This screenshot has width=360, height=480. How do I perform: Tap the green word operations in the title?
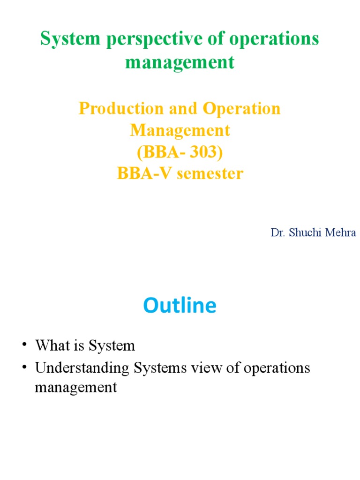pos(274,39)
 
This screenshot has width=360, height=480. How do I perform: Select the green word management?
pos(180,62)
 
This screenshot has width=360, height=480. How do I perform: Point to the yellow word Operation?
pos(242,108)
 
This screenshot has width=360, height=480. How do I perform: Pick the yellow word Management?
pos(180,130)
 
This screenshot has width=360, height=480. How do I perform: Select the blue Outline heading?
pos(180,306)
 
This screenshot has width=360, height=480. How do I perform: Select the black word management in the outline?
pos(75,388)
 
